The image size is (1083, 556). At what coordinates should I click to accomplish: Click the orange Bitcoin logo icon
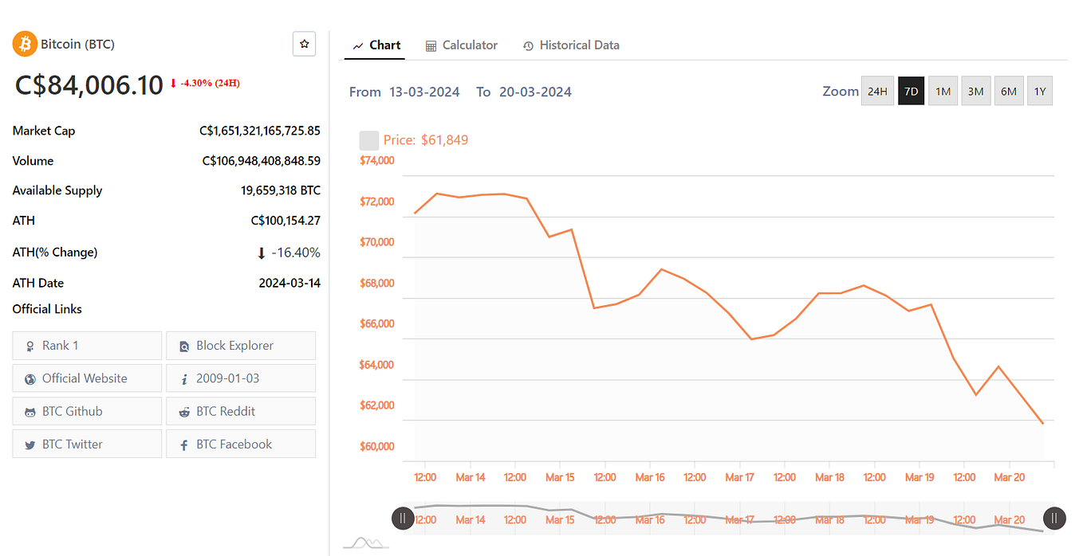[x=26, y=45]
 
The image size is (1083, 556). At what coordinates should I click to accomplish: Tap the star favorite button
[x=304, y=45]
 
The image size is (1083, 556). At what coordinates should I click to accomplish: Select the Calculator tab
[x=462, y=45]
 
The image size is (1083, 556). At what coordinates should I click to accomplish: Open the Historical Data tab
[x=571, y=45]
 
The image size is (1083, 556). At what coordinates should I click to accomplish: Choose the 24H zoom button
[x=877, y=92]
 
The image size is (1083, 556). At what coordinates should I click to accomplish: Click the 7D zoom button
[x=911, y=92]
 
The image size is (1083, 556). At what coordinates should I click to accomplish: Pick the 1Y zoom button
[x=1040, y=92]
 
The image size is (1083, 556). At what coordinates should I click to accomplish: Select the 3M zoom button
[x=975, y=92]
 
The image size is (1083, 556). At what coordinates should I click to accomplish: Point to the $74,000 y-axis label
[x=377, y=160]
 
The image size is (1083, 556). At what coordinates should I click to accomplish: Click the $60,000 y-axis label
[x=377, y=446]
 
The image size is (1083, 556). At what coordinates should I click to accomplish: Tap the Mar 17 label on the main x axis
[x=739, y=477]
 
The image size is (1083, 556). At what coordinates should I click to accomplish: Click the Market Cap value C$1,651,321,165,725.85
[x=260, y=131]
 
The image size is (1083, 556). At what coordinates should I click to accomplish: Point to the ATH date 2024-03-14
[x=289, y=283]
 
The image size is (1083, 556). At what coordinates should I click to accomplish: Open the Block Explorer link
[x=241, y=346]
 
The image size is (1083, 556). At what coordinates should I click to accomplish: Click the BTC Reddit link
[x=241, y=412]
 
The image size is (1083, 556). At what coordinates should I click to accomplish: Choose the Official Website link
[x=87, y=378]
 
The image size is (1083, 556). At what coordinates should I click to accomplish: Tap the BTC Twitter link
[x=87, y=444]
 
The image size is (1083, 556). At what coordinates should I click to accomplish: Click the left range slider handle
[x=403, y=519]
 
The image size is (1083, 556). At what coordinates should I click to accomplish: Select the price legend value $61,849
[x=444, y=140]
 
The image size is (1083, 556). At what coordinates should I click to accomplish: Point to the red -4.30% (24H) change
[x=209, y=83]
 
